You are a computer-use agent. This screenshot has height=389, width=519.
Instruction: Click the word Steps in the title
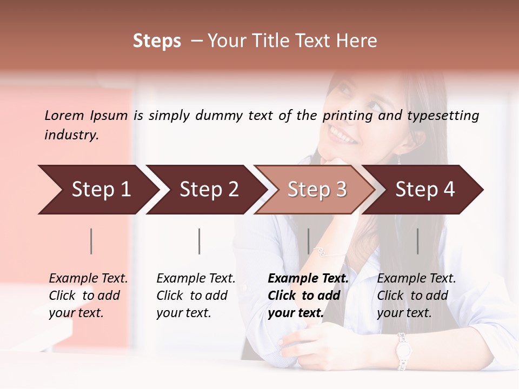[x=157, y=41]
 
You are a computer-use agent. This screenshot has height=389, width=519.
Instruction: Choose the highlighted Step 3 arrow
[x=317, y=190]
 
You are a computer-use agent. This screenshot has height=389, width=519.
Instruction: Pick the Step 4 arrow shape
[x=425, y=190]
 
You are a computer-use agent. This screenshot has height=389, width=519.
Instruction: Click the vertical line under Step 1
[x=91, y=241]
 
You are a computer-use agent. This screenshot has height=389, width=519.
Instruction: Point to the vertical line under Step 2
[x=199, y=241]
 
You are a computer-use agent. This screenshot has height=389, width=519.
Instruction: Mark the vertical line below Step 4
[x=418, y=241]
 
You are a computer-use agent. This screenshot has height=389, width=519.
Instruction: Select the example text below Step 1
[x=88, y=296]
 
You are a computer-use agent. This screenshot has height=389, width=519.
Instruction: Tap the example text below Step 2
[x=196, y=296]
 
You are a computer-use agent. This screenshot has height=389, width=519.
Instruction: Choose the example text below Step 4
[x=416, y=296]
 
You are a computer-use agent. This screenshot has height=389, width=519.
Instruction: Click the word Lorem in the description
[x=64, y=115]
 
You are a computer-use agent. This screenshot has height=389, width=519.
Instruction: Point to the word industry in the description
[x=71, y=135]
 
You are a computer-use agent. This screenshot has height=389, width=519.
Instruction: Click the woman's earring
[x=400, y=159]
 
